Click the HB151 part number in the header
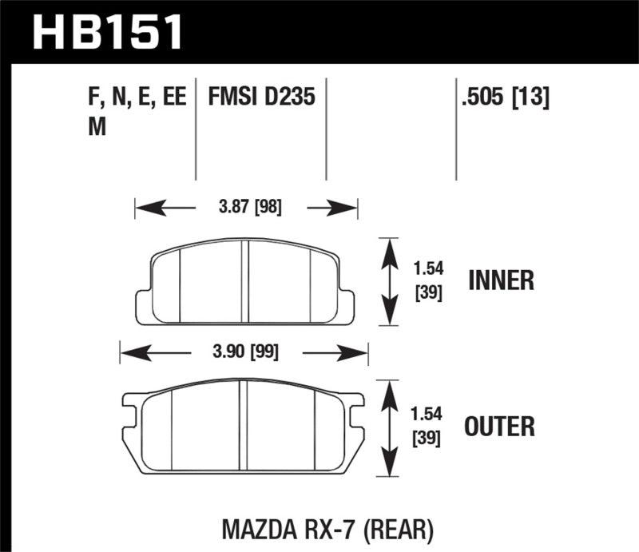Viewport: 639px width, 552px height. pos(107,34)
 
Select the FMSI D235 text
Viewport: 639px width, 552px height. pos(261,98)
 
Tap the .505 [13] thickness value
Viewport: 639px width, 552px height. pos(503,98)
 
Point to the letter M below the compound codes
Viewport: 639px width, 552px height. pos(97,127)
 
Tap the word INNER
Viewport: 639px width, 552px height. pos(500,280)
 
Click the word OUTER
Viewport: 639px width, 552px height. pos(500,426)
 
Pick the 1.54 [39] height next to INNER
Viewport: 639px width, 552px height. pos(429,281)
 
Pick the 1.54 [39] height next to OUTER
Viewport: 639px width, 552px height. pos(429,426)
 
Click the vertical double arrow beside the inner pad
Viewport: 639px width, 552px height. pos(388,281)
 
